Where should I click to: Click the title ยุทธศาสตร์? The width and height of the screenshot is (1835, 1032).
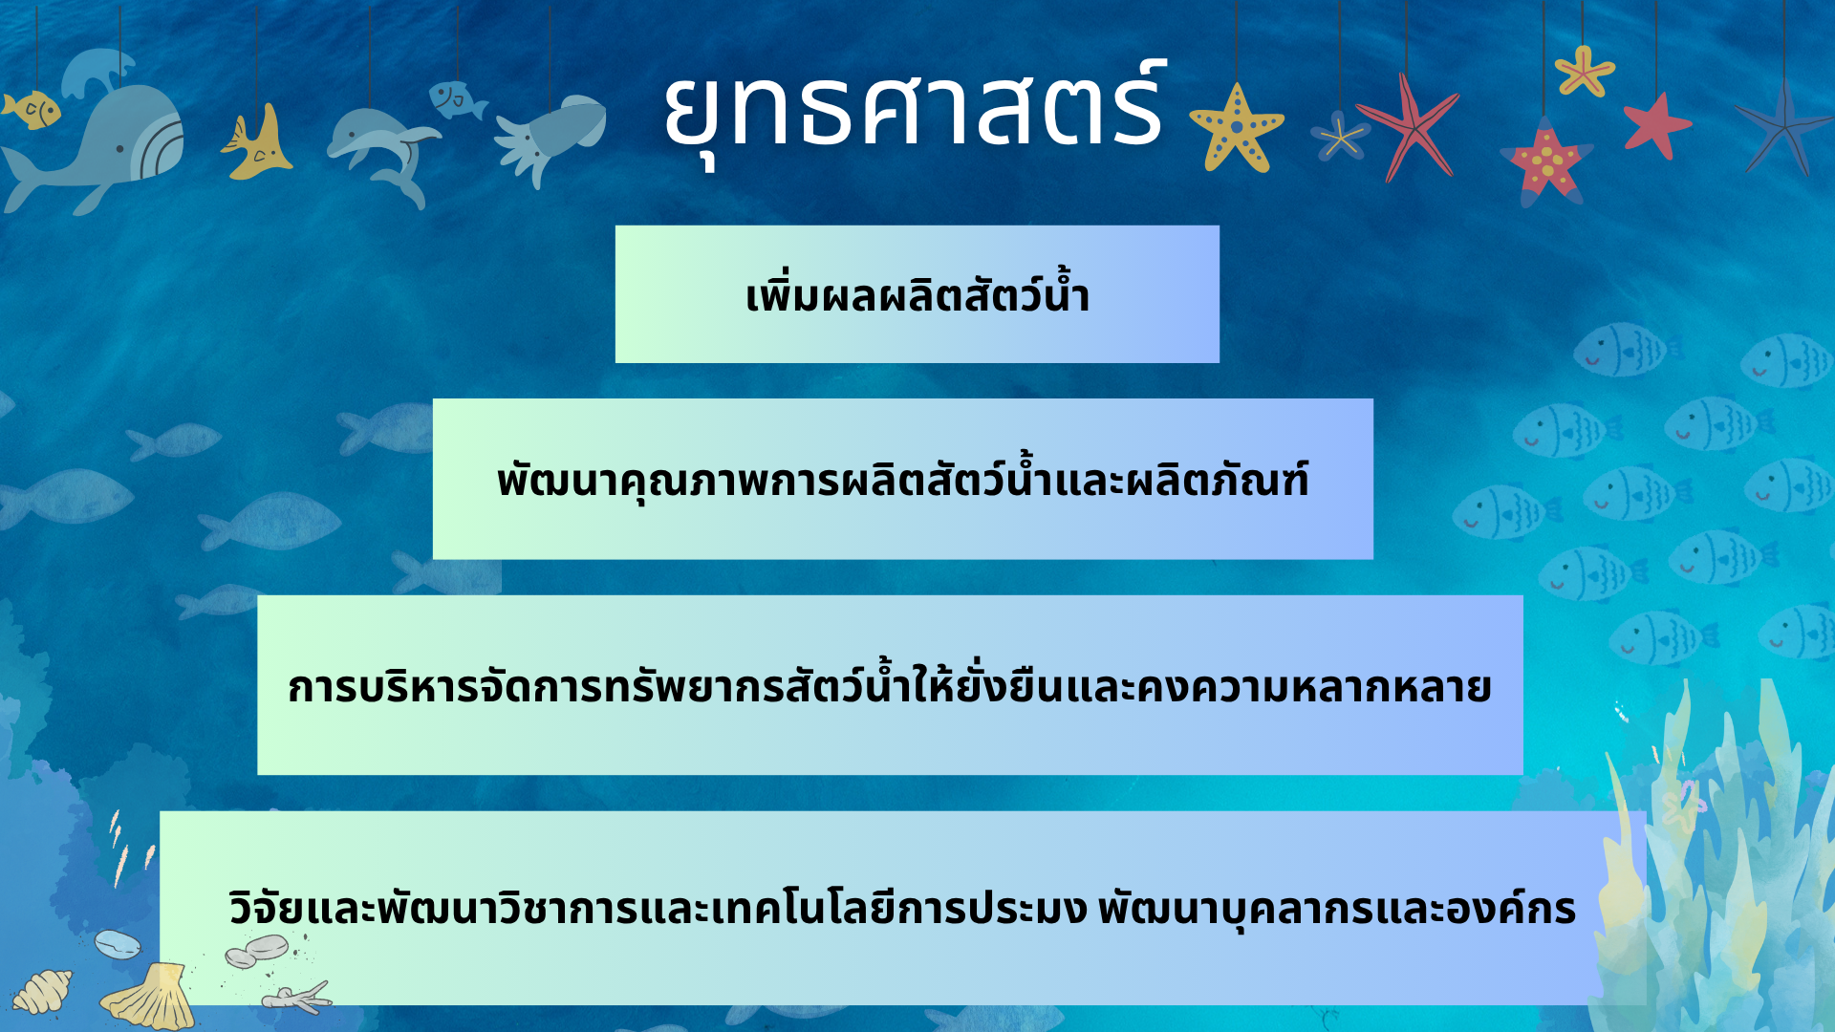click(x=915, y=110)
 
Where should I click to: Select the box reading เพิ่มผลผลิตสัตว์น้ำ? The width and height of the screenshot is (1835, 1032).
click(x=917, y=294)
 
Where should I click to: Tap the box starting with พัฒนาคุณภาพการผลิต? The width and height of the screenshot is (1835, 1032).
click(x=903, y=479)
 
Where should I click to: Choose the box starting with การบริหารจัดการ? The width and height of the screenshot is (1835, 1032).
click(x=890, y=685)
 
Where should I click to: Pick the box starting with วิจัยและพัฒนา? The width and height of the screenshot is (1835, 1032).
click(x=902, y=908)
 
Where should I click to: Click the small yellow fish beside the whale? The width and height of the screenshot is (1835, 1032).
click(x=32, y=110)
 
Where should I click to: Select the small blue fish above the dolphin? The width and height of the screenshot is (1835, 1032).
click(x=456, y=99)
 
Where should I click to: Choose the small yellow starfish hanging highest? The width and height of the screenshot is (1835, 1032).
click(x=1584, y=72)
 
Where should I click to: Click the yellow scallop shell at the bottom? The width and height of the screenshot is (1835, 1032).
click(x=149, y=999)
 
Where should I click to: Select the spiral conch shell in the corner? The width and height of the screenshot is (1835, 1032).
click(x=42, y=992)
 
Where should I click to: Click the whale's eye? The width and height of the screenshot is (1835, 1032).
click(x=120, y=149)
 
